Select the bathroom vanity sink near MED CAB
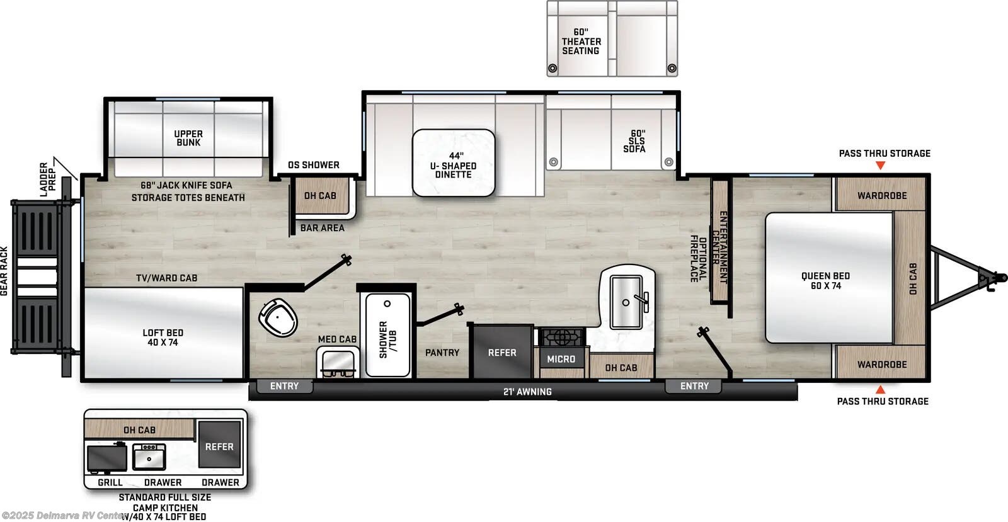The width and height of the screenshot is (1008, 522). point(337,362)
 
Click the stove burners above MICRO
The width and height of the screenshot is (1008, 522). point(560,337)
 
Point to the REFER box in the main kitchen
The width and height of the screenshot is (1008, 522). point(502,353)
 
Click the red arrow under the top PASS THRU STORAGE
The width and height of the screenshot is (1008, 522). point(881,166)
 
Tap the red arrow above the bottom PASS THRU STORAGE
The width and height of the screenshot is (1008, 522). point(881,390)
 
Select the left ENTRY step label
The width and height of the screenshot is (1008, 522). point(284,386)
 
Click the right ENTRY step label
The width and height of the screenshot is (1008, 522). point(694,386)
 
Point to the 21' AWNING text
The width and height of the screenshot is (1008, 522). point(527,392)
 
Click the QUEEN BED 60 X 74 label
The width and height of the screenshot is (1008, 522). point(825,281)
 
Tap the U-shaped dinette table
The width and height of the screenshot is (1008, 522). point(454,162)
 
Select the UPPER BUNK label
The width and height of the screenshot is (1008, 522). point(188,138)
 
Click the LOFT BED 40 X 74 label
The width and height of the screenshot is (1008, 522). point(163,338)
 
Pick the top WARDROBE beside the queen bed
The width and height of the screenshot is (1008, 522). point(881,196)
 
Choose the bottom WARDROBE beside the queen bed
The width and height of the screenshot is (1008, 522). point(881,365)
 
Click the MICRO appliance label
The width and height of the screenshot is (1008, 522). point(561,359)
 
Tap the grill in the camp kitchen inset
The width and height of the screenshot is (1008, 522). point(107,458)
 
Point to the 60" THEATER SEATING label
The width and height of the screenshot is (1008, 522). point(581,42)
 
